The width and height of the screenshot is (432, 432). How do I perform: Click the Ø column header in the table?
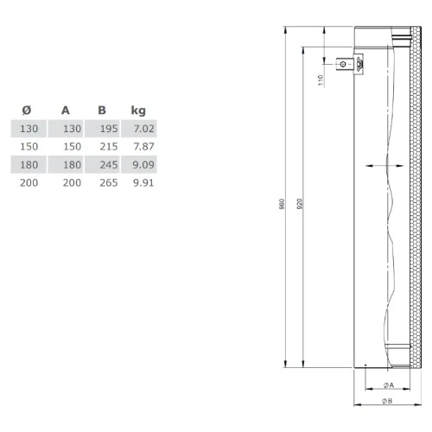[x=26, y=111]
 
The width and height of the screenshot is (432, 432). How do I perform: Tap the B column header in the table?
[x=102, y=111]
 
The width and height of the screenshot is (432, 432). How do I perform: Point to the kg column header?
[x=137, y=111]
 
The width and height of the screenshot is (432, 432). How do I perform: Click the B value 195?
[x=107, y=129]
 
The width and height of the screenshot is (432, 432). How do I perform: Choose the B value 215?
[x=107, y=147]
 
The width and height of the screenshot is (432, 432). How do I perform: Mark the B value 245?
[x=107, y=164]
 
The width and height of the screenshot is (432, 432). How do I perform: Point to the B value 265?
[x=107, y=182]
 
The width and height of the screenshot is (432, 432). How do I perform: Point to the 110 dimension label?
[x=321, y=79]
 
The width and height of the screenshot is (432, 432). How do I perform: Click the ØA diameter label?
[x=387, y=385]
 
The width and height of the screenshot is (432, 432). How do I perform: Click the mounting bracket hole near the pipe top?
[x=344, y=63]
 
